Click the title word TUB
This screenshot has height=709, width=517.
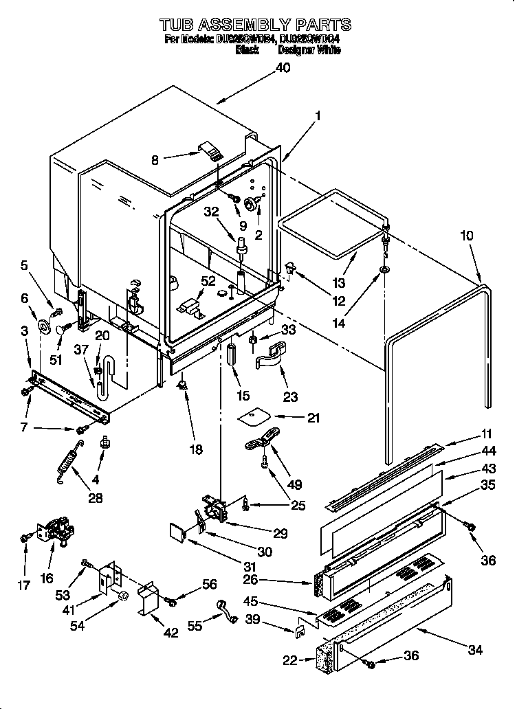[181, 25]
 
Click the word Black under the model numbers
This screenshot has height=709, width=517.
[247, 50]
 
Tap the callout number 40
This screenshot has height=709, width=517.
[283, 67]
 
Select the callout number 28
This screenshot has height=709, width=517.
[95, 497]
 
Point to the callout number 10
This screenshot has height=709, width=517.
[467, 236]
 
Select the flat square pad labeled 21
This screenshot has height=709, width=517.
[254, 418]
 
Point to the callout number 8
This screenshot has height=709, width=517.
[155, 160]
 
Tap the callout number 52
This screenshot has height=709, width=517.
[208, 280]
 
